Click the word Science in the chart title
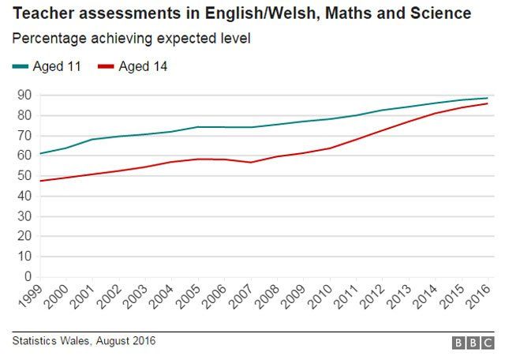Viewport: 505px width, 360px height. pos(435,14)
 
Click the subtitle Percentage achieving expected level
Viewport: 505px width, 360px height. pos(130,38)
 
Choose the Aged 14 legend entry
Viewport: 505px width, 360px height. pos(143,66)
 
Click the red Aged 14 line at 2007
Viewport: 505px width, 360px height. pos(251,163)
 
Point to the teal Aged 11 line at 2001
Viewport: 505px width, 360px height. pos(93,140)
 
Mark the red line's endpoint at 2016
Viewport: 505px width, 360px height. pos(488,103)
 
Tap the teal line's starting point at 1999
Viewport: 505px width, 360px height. pos(40,153)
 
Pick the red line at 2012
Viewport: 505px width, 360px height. pos(383,129)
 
